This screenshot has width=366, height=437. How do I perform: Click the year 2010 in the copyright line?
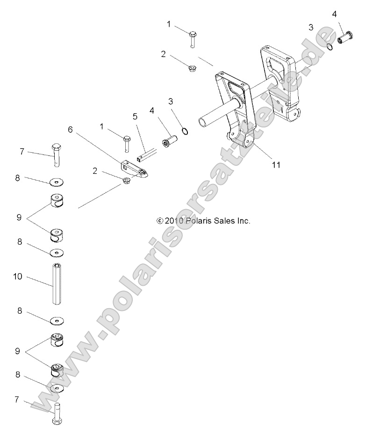174,221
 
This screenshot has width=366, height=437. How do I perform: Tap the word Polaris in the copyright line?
199,221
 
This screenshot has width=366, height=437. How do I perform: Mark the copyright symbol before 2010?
159,221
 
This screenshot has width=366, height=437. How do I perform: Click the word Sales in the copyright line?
226,221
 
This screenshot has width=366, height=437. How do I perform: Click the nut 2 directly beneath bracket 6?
127,180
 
